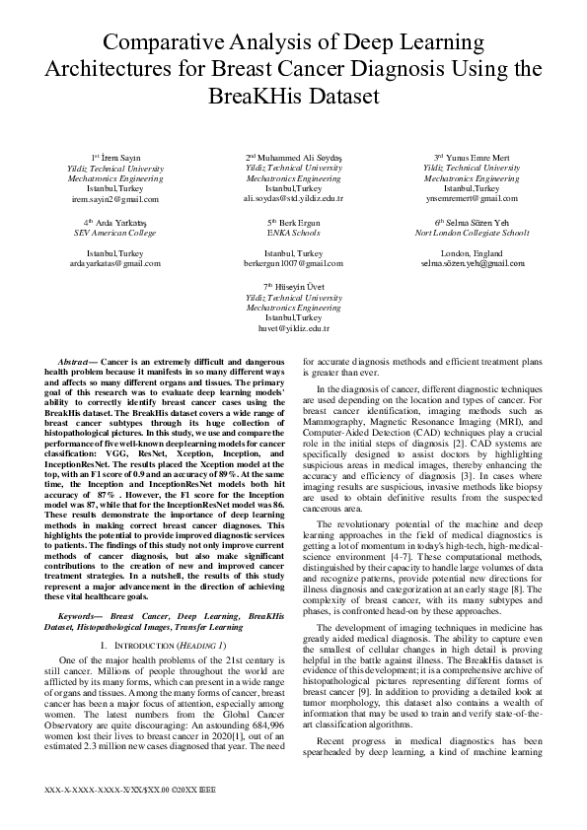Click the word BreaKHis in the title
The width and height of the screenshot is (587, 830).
pyautogui.click(x=293, y=99)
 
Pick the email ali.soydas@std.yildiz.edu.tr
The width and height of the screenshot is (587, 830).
pyautogui.click(x=293, y=198)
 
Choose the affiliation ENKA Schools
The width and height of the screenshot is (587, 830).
pyautogui.click(x=293, y=233)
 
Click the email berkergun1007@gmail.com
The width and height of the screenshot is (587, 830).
pyautogui.click(x=293, y=264)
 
